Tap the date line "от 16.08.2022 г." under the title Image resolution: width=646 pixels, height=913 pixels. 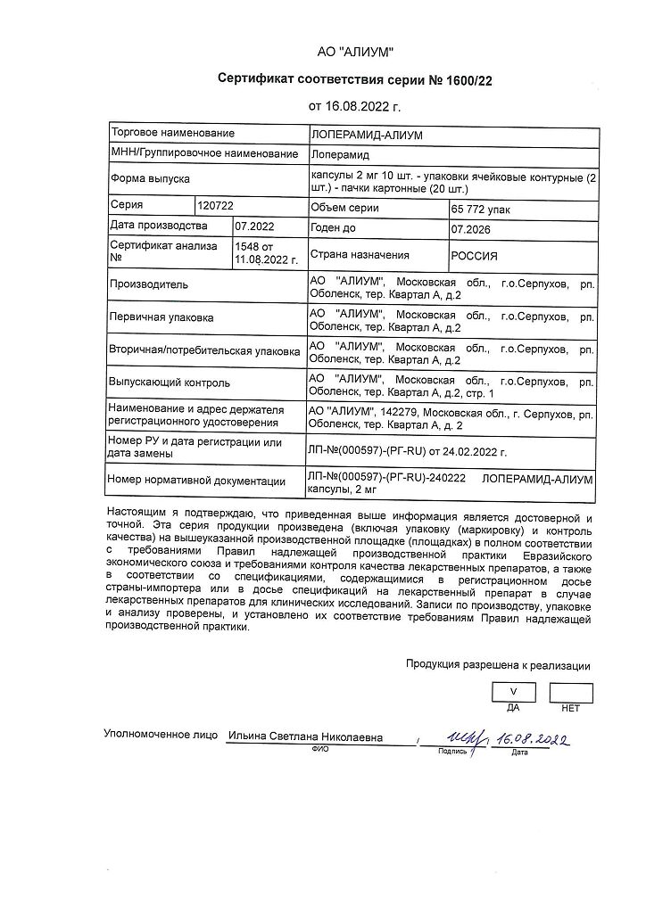point(355,106)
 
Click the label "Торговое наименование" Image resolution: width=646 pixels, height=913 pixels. point(172,133)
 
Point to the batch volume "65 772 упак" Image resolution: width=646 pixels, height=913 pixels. point(482,209)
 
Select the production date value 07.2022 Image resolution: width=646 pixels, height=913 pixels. point(254,226)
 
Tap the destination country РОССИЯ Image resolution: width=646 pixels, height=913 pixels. point(474,254)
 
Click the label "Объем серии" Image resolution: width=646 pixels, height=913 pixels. point(344,208)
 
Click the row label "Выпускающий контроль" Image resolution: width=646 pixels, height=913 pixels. point(170,382)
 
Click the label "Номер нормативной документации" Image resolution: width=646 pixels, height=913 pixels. point(203,481)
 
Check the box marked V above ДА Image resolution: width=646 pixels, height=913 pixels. point(513,692)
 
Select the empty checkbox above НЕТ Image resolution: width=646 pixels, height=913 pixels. point(571,692)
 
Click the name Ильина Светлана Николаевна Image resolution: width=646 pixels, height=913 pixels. point(305,737)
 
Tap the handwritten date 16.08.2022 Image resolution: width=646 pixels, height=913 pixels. point(533,739)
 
